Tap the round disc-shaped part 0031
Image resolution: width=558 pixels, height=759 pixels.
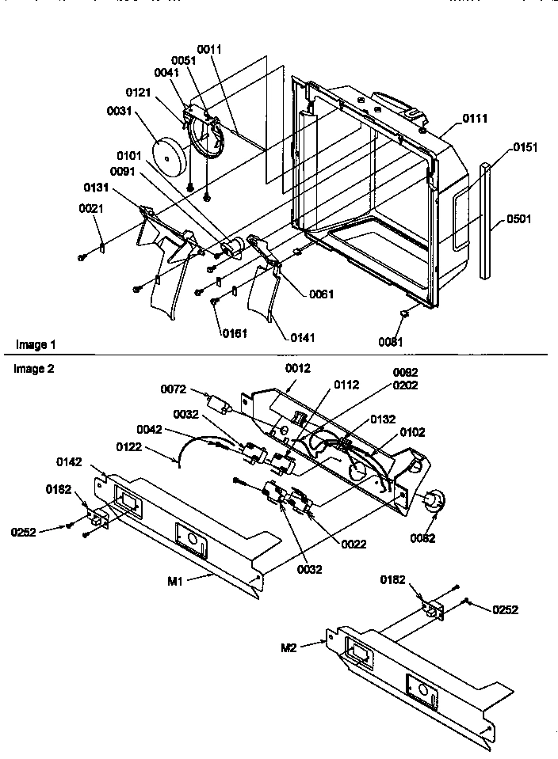[x=171, y=157]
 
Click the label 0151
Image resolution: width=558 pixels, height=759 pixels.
[x=524, y=147]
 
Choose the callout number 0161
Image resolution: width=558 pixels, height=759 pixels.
[x=235, y=333]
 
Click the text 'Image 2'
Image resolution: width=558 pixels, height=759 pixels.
[x=32, y=369]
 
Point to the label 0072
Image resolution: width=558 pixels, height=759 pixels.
[x=174, y=389]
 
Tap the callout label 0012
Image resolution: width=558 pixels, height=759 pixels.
[x=298, y=368]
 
